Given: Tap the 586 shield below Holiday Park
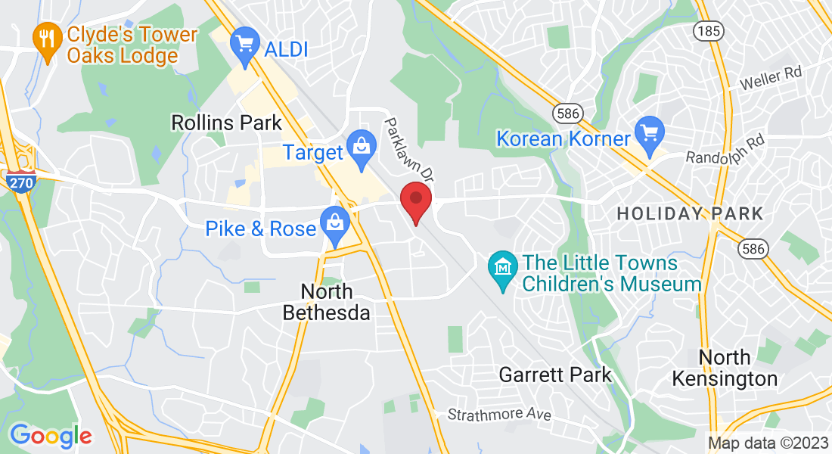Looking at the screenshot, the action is coord(755,248).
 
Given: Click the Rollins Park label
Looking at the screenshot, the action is coord(226,123).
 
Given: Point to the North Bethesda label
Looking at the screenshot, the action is coord(327,301).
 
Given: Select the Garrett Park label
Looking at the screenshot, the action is coord(555,375).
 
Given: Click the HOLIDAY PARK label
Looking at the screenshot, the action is coord(690,214).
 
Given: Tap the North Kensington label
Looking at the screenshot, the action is coord(725,367).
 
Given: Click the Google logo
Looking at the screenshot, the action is coord(51,435).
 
